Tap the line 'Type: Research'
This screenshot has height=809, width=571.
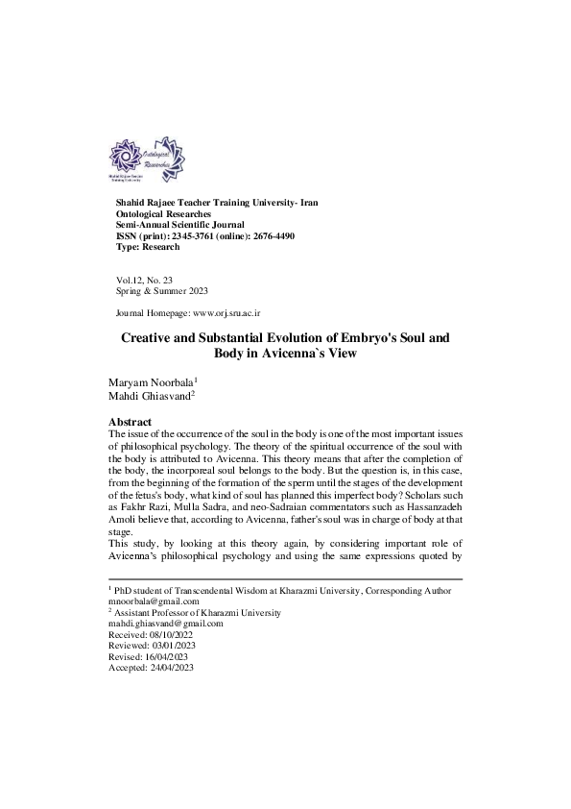(x=147, y=247)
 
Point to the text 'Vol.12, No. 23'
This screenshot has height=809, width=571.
(x=145, y=279)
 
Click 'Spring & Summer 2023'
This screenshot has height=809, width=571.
(x=161, y=289)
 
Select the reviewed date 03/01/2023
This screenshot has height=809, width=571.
(x=172, y=646)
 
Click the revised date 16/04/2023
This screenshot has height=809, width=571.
(x=167, y=656)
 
